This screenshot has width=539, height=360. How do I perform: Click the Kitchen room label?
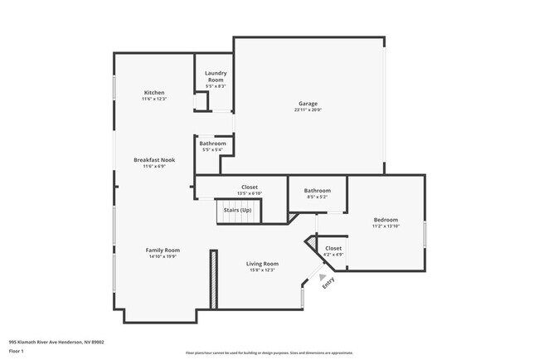(154, 92)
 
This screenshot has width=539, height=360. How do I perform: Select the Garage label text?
(308, 104)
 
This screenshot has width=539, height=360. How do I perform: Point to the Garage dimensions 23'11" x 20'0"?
(308, 110)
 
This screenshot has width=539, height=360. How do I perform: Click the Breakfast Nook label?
(154, 159)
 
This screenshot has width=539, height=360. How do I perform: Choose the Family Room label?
(163, 250)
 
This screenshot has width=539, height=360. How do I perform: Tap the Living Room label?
(260, 264)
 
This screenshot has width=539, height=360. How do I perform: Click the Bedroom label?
(386, 219)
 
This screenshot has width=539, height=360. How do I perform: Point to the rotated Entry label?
(328, 282)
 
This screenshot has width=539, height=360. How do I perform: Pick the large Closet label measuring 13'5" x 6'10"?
(249, 187)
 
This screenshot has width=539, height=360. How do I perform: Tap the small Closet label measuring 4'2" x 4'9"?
(333, 248)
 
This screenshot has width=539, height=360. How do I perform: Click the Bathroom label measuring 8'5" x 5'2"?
(317, 191)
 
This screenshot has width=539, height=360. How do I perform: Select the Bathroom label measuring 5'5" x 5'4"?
(212, 144)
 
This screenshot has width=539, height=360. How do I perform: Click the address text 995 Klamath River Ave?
(56, 340)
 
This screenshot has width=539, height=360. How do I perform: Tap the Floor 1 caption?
(17, 351)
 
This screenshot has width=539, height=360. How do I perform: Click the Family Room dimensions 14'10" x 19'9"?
(163, 256)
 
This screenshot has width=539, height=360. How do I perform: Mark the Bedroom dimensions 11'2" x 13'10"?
(386, 226)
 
